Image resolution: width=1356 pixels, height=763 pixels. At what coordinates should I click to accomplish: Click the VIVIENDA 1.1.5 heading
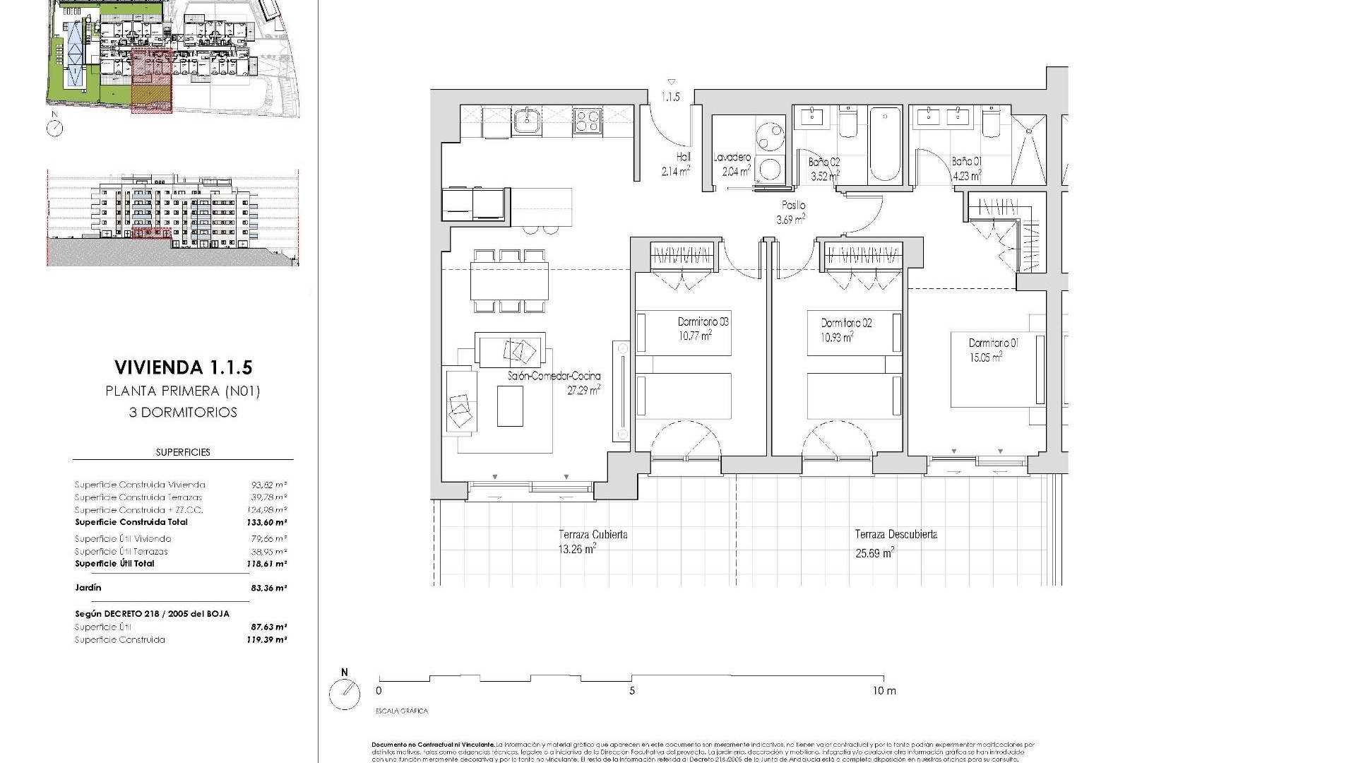[183, 367]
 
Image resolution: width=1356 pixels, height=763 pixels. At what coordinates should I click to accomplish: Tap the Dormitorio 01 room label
[993, 343]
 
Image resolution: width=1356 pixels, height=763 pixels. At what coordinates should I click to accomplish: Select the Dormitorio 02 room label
[846, 323]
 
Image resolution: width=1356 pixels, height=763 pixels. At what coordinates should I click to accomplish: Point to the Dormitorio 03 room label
[703, 321]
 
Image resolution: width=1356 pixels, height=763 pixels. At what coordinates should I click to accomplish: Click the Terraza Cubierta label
[593, 535]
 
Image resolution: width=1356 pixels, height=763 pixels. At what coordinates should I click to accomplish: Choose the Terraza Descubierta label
[896, 534]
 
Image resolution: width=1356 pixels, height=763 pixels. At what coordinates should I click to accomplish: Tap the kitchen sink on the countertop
[525, 121]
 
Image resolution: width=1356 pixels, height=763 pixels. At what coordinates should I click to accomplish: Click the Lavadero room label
[732, 158]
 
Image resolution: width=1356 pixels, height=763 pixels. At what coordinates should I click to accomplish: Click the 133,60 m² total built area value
[269, 523]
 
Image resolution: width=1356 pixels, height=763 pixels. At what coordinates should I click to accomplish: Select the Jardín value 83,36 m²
[269, 588]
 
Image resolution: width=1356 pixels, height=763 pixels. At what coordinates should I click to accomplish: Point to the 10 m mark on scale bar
[883, 691]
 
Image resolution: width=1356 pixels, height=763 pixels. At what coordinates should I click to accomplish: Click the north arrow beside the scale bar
[345, 694]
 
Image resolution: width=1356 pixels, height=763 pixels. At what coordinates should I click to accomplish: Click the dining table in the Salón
[509, 280]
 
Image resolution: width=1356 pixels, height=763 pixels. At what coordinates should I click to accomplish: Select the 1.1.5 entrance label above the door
[670, 97]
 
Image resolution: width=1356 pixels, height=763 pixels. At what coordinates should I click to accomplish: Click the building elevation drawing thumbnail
[172, 216]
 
